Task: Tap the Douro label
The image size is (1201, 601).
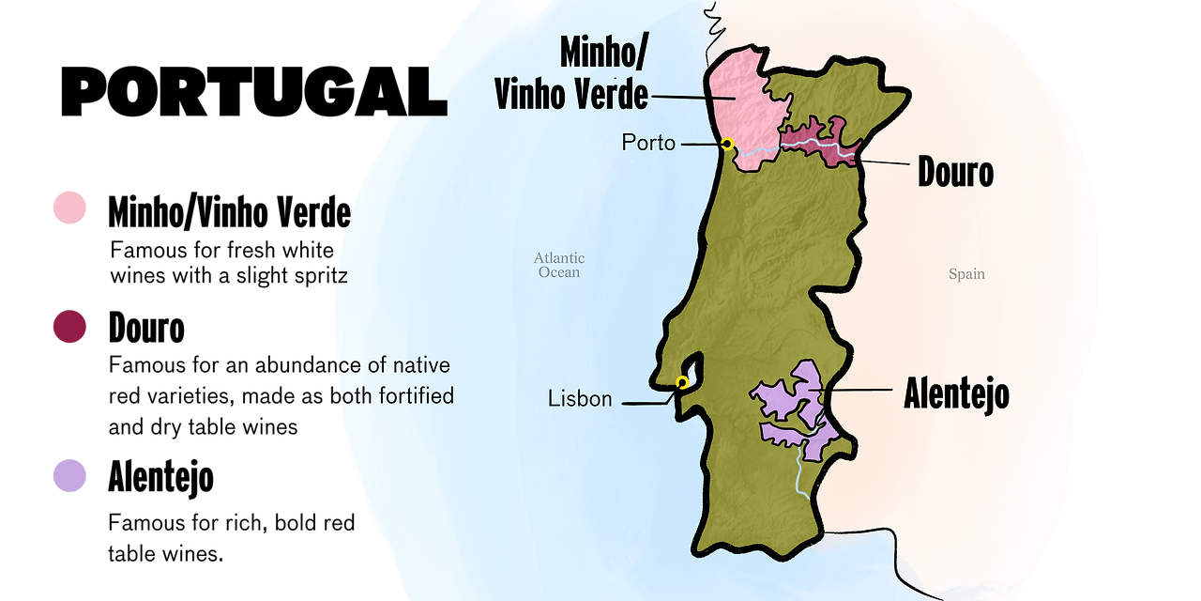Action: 955,173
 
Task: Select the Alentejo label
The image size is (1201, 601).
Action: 956,393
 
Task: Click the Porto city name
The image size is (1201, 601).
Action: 648,144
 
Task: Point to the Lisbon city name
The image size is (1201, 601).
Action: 580,399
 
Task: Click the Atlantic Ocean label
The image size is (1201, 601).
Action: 559,265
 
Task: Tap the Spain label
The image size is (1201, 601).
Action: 966,274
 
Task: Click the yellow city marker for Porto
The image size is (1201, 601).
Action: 727,144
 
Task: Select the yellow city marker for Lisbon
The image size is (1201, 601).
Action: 682,382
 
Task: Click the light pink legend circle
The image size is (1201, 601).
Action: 69,208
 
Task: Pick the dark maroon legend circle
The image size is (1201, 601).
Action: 69,327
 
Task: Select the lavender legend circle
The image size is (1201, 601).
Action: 69,475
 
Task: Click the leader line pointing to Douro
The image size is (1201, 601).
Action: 887,162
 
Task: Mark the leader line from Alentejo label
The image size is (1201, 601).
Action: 854,390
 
